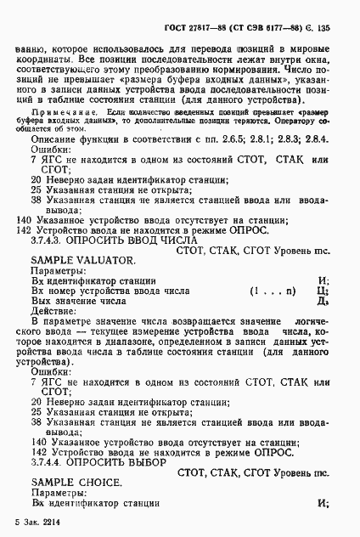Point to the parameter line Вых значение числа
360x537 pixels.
point(81,300)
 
